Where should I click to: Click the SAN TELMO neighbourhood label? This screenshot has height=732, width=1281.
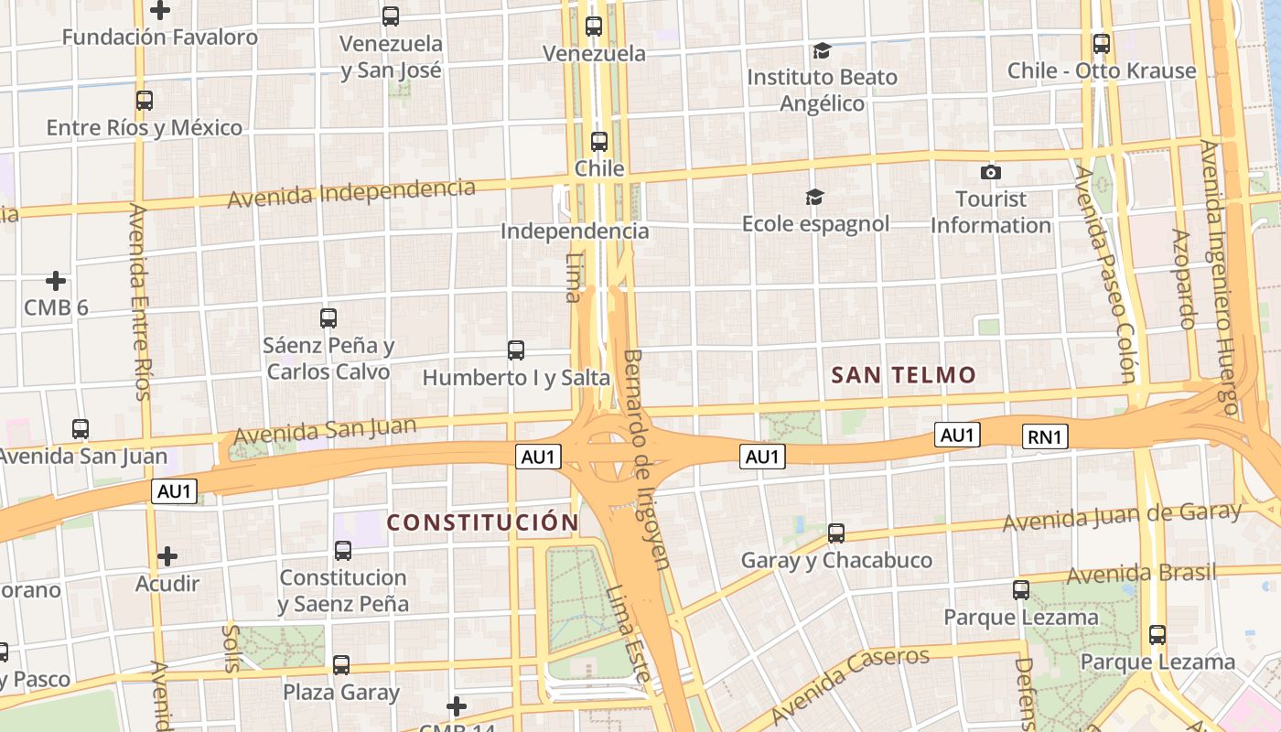(904, 374)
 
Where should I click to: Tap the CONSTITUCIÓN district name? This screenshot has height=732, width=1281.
(482, 522)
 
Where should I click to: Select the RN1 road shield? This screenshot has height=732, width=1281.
(1045, 436)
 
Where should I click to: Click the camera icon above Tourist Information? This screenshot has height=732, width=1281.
(990, 172)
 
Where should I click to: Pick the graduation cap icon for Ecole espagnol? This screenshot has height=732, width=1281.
(814, 197)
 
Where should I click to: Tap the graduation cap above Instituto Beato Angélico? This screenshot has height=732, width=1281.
(822, 50)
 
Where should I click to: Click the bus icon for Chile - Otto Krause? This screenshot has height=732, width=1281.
(1102, 43)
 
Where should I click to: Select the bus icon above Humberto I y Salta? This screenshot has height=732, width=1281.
(516, 350)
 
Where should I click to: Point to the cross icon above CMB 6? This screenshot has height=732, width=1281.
(56, 280)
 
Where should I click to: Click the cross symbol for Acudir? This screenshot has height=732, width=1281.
(167, 555)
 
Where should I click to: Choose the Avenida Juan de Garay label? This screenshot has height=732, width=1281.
(1122, 517)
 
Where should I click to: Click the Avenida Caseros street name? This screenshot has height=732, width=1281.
(850, 684)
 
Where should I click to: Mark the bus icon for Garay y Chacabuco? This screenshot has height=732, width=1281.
(836, 533)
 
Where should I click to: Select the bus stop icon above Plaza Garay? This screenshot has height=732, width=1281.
(341, 665)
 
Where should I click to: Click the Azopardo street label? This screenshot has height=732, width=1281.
(1183, 278)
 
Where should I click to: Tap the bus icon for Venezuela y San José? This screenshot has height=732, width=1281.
(391, 16)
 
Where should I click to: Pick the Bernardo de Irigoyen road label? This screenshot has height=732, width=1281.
(646, 457)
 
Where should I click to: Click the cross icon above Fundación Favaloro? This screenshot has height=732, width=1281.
(160, 10)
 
